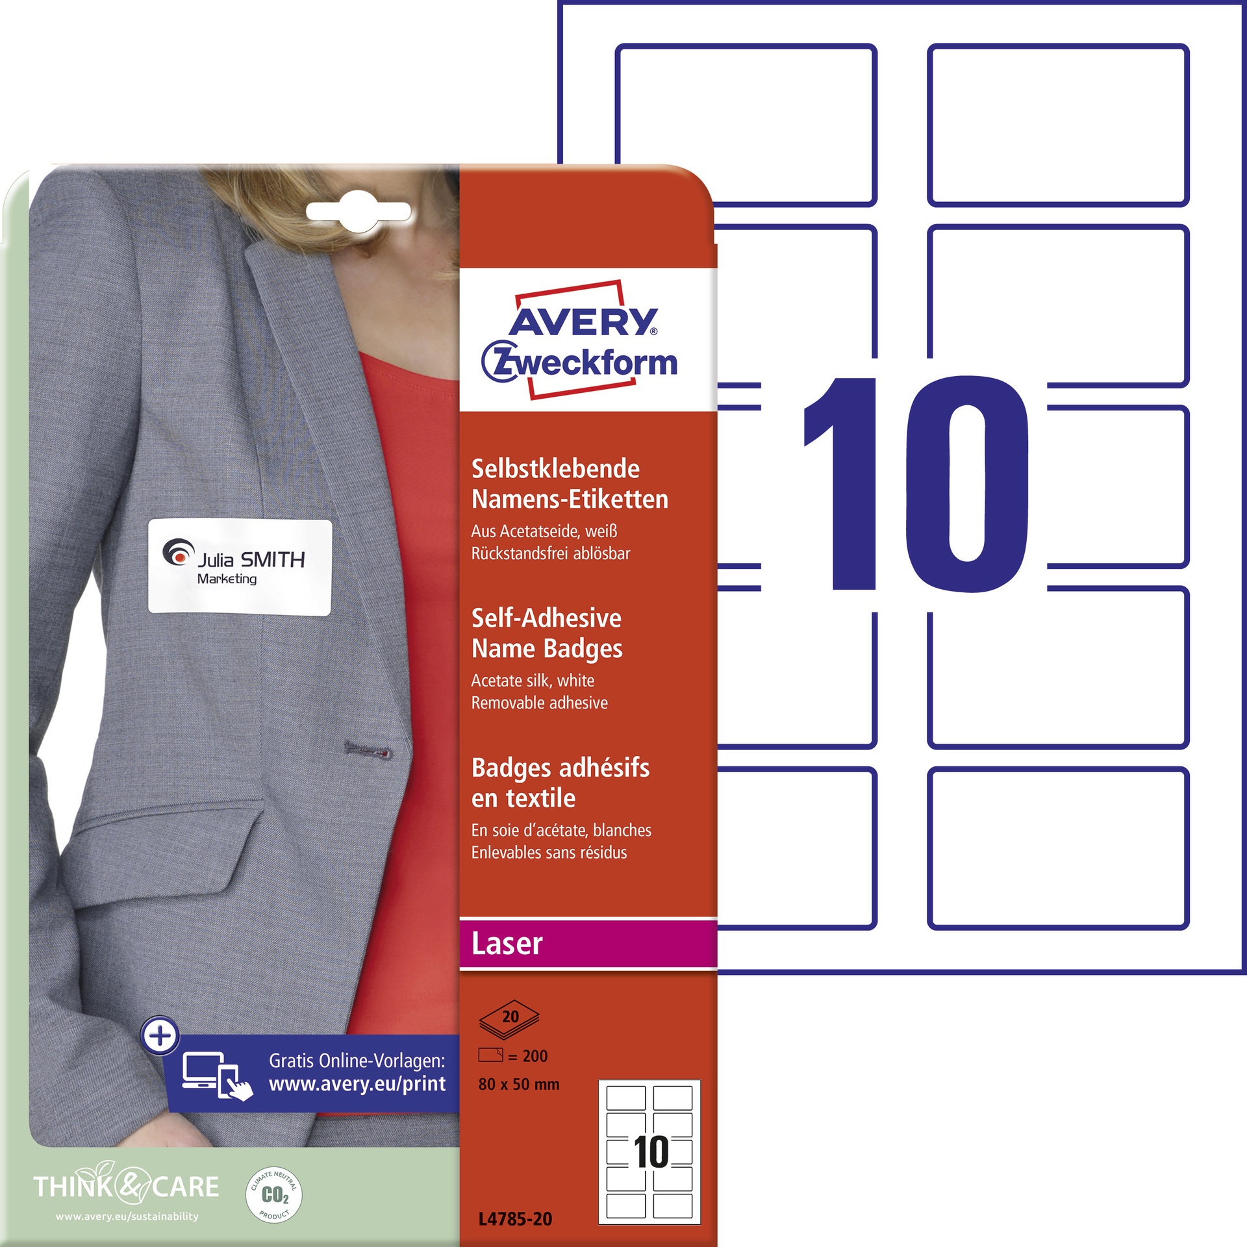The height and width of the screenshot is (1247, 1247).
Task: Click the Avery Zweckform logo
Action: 580,340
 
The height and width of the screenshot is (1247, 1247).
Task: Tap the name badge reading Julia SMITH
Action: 240,566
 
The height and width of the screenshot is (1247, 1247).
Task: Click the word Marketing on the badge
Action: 227,579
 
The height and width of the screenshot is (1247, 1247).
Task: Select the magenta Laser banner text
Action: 507,944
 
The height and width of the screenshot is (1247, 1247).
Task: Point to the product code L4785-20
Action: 515,1219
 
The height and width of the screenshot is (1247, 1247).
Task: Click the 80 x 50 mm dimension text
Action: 519,1084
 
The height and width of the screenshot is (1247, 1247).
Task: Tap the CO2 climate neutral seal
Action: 274,1194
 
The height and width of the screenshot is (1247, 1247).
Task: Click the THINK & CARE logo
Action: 126,1186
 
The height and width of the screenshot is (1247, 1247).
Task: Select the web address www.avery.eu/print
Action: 357,1084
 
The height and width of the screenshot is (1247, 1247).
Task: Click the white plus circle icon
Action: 160,1035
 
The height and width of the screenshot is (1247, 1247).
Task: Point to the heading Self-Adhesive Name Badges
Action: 547,633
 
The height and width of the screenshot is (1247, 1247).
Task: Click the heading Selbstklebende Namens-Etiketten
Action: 570,484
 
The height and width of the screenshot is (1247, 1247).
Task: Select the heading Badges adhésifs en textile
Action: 561,783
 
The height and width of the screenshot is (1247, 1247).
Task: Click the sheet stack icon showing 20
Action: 510,1019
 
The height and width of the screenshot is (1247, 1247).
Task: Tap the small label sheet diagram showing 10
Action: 649,1152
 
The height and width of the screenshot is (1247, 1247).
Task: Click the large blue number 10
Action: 916,484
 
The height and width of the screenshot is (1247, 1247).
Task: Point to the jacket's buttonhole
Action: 368,751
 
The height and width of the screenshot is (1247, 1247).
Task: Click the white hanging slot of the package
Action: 359,212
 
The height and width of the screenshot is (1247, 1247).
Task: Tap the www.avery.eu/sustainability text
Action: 127,1216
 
